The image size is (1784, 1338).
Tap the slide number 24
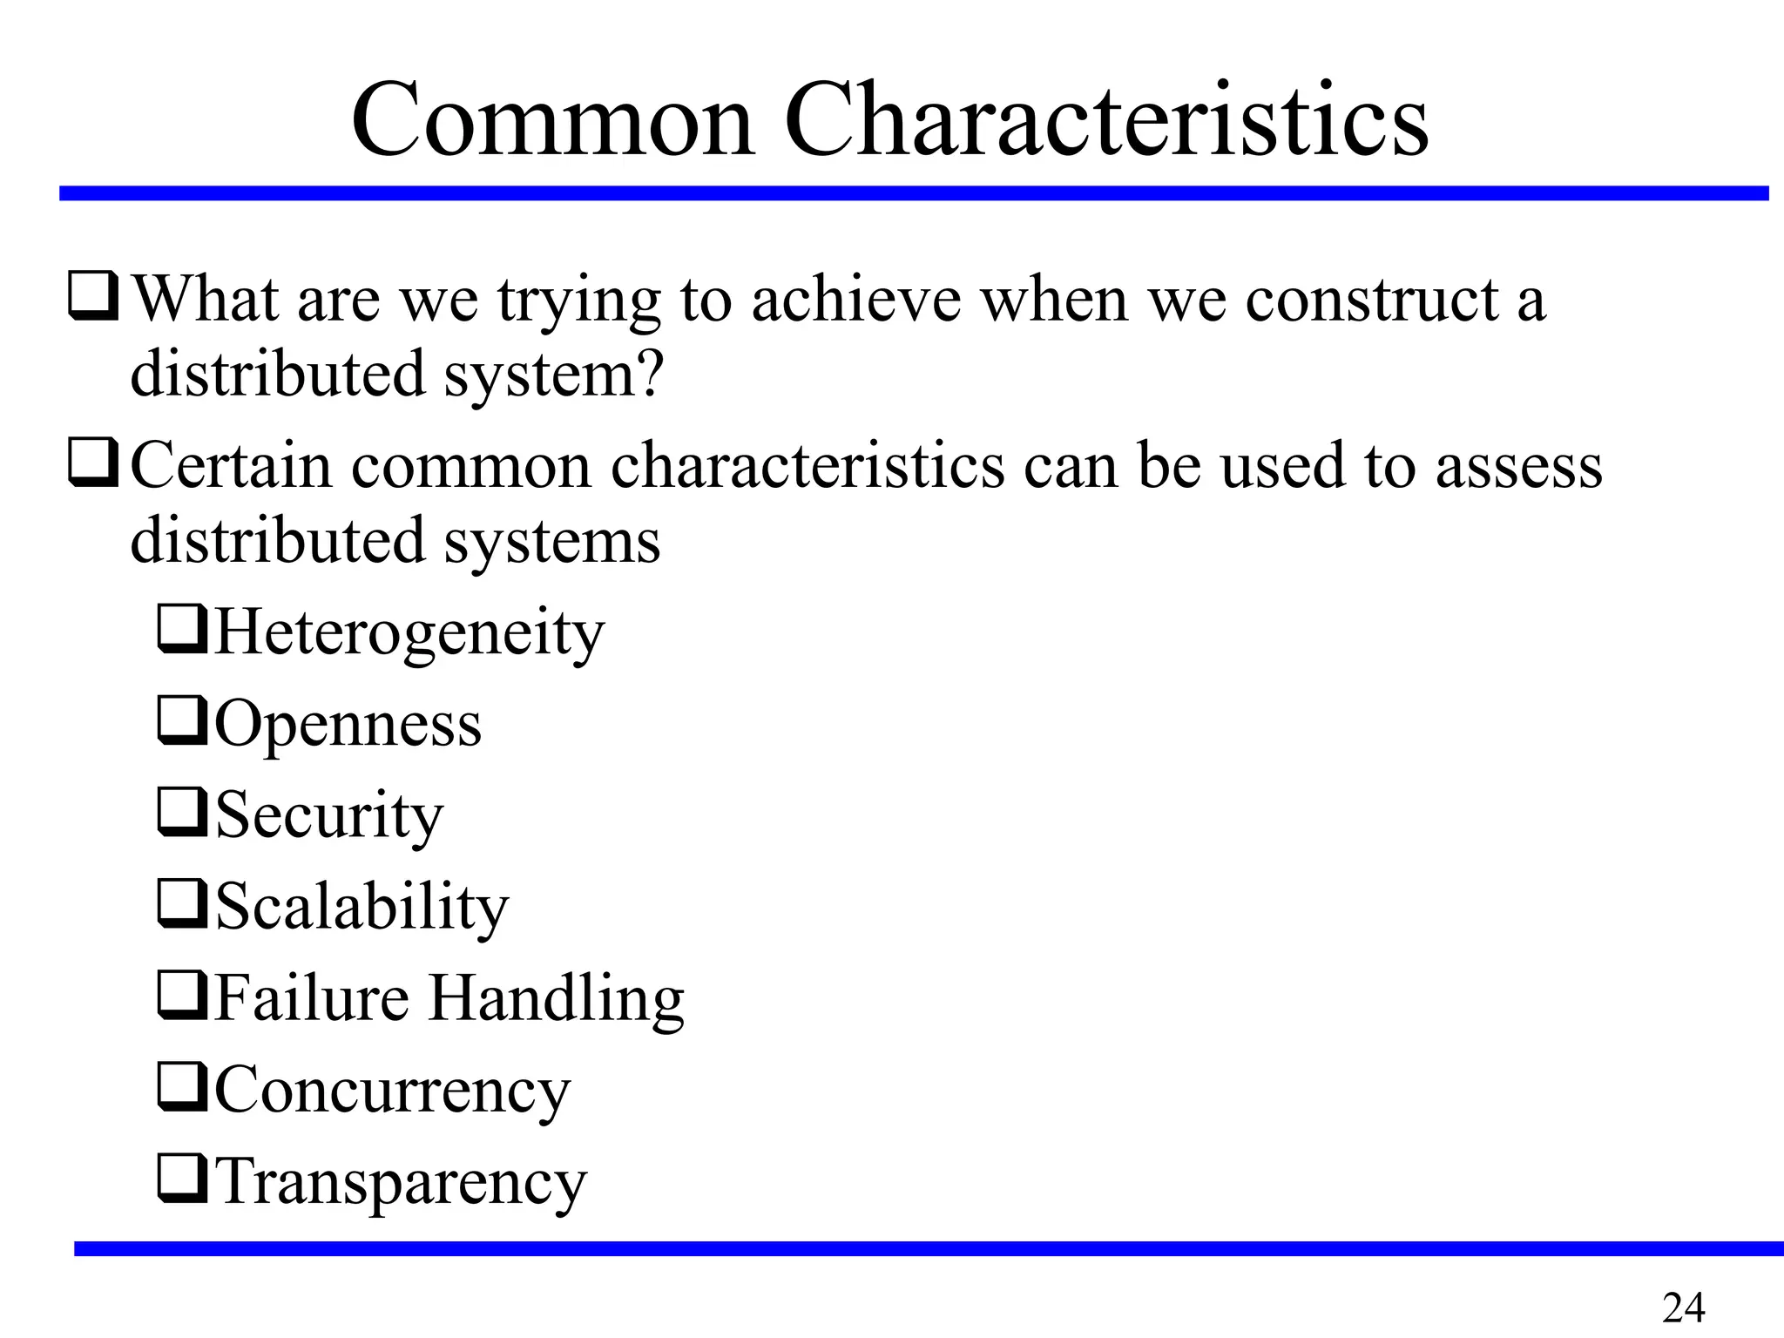coord(1683,1308)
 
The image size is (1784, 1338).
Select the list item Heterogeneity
coord(409,632)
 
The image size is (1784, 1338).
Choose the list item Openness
coord(348,724)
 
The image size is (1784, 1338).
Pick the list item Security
coord(329,815)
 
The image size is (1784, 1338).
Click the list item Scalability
coord(362,907)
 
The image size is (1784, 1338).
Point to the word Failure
coord(312,998)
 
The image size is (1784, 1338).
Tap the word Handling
coord(557,998)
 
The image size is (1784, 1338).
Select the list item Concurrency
coord(392,1091)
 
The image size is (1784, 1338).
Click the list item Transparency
coord(401,1182)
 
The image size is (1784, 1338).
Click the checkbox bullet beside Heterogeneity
coord(181,630)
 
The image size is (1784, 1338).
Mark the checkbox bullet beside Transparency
coord(181,1179)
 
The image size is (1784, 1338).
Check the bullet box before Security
coord(181,813)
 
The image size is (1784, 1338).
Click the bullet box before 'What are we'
coord(92,296)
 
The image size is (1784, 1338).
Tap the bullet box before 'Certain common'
coord(92,463)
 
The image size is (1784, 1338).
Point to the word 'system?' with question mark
coord(554,375)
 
